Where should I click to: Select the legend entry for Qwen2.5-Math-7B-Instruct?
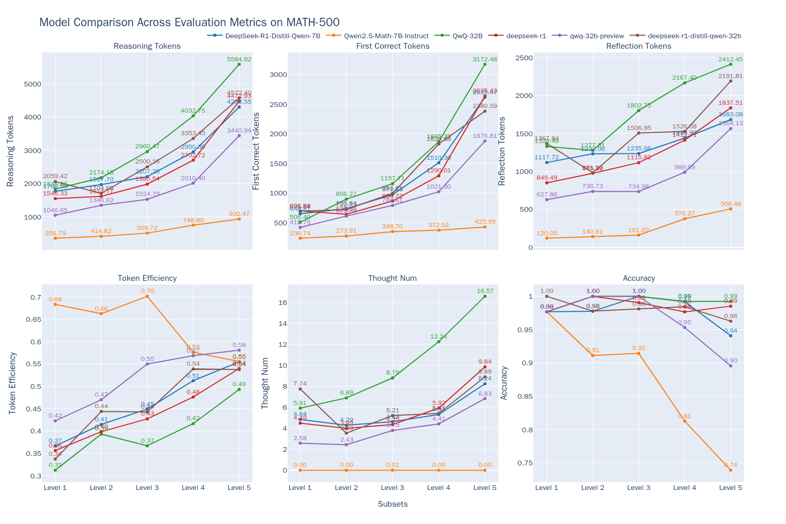click(x=386, y=36)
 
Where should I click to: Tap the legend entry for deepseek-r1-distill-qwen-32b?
click(x=694, y=36)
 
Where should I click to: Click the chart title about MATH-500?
click(x=189, y=23)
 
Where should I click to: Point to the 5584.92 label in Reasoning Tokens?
click(x=239, y=59)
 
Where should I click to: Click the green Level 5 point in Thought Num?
click(x=485, y=296)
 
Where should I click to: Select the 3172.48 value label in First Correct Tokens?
click(x=484, y=59)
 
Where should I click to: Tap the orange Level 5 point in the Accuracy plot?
click(x=730, y=470)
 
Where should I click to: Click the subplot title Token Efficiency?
click(x=147, y=278)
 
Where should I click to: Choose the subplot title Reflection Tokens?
click(x=638, y=46)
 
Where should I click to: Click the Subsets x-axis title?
click(x=392, y=504)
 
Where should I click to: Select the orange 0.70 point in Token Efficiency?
click(x=147, y=297)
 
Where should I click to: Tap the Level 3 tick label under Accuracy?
click(x=638, y=488)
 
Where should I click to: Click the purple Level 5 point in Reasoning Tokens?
click(x=239, y=136)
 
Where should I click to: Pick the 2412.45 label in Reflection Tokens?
click(x=730, y=59)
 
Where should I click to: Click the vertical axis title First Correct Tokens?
click(x=256, y=151)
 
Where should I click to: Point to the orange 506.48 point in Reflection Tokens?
click(x=730, y=209)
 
